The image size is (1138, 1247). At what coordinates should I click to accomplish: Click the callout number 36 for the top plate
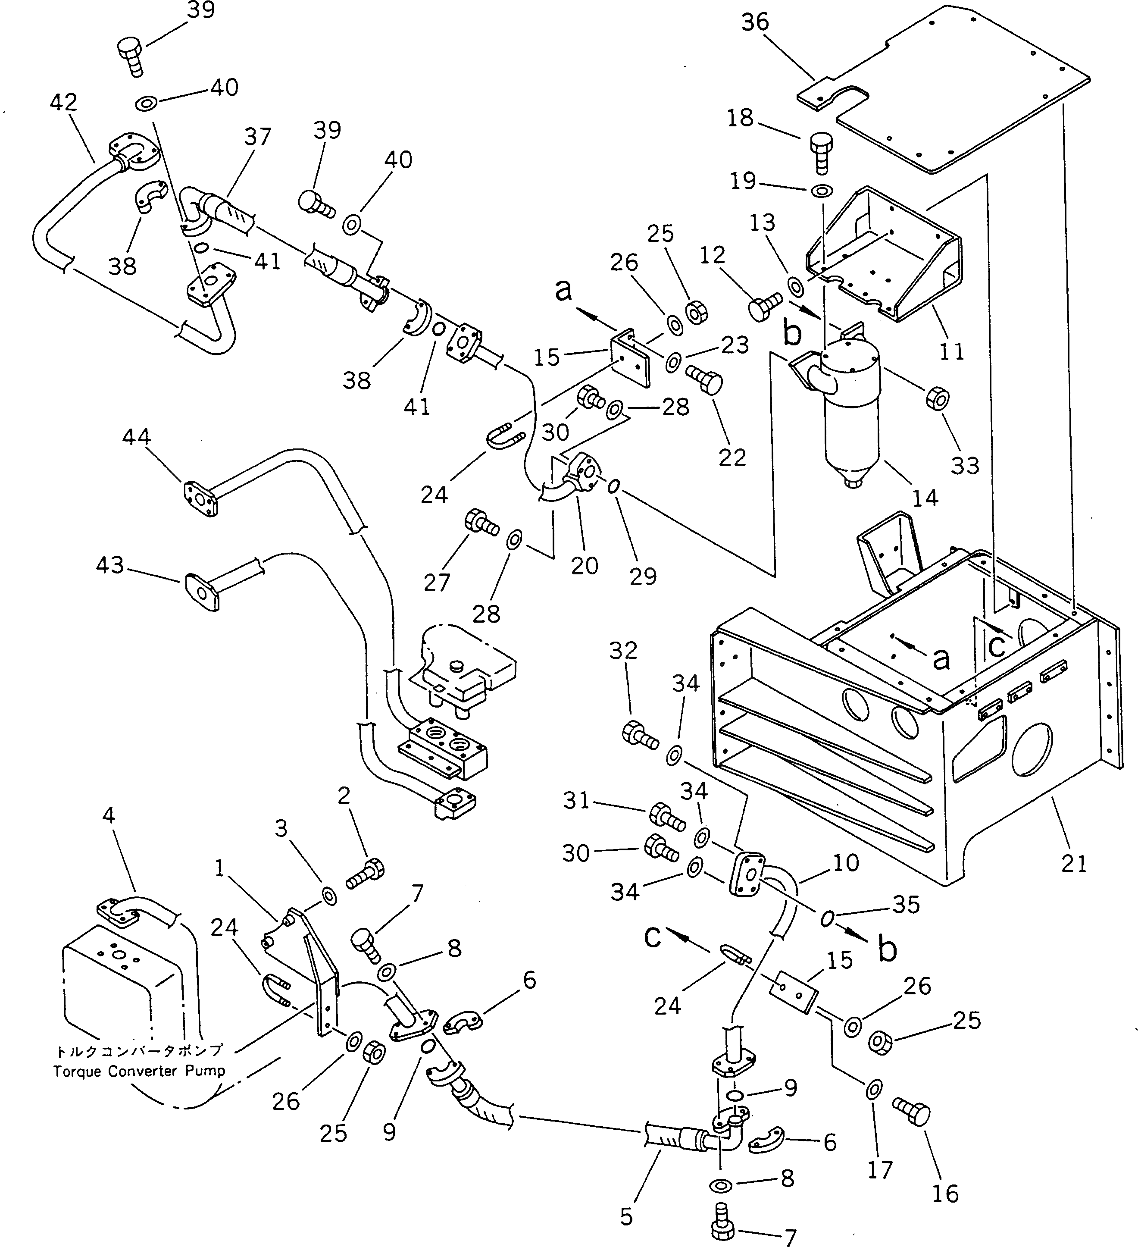coord(755,23)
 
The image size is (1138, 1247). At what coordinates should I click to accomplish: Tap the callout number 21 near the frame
coord(1074,864)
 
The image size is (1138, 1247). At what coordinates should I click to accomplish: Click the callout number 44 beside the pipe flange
coord(136,437)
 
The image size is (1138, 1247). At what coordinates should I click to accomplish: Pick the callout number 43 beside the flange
coord(110,565)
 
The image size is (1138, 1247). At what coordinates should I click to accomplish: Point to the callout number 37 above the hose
coord(257,137)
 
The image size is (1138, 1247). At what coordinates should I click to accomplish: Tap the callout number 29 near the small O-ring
coord(643,577)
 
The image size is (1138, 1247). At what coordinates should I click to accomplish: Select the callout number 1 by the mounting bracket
coord(219,869)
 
